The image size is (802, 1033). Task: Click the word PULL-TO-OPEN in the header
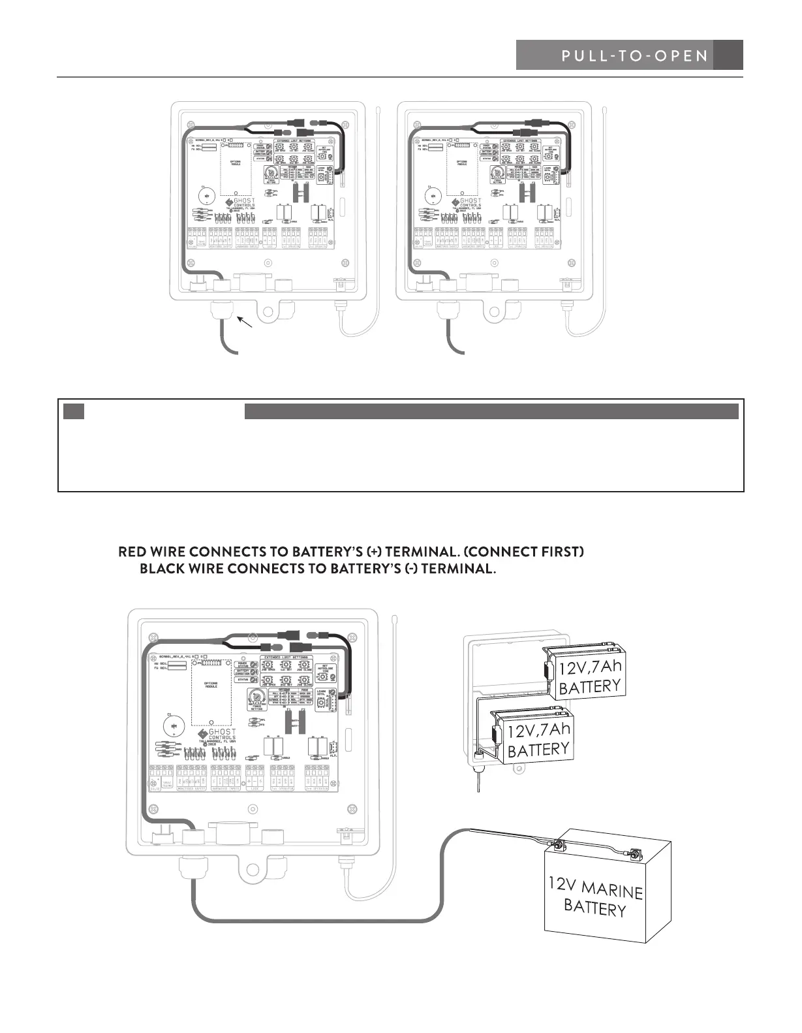[634, 56]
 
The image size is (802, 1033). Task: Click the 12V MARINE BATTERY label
[594, 898]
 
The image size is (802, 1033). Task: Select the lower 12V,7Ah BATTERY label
[538, 740]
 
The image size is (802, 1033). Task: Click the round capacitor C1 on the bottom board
[174, 725]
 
